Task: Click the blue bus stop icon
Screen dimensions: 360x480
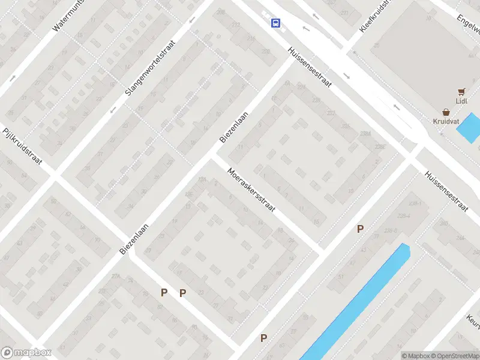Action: pyautogui.click(x=275, y=23)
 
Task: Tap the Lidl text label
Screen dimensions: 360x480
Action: pyautogui.click(x=461, y=101)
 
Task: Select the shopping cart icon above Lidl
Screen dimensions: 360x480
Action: pyautogui.click(x=461, y=91)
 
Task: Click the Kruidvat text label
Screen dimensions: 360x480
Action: pyautogui.click(x=446, y=121)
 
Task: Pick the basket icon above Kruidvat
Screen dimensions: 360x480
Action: pyautogui.click(x=446, y=112)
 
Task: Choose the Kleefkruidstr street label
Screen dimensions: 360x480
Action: pyautogui.click(x=375, y=16)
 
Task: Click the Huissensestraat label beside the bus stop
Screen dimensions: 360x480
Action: pyautogui.click(x=310, y=68)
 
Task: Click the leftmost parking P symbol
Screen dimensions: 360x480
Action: pyautogui.click(x=164, y=293)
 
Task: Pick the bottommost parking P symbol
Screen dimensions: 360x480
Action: pyautogui.click(x=263, y=338)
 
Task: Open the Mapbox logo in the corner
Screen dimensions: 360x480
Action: pyautogui.click(x=26, y=353)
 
